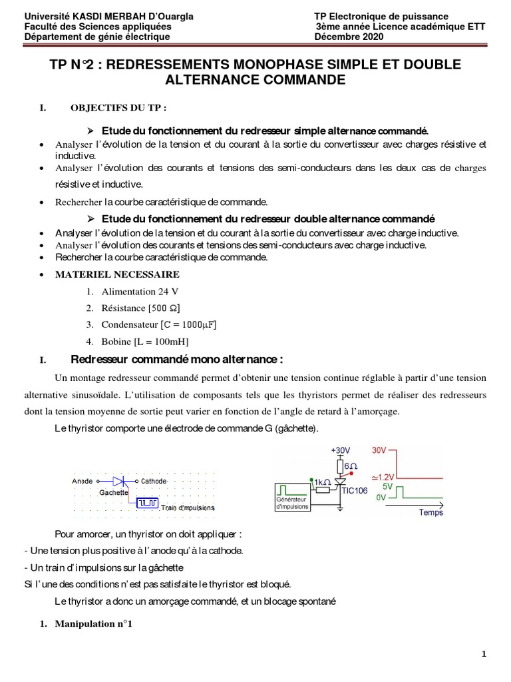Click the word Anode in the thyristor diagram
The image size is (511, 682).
(82, 480)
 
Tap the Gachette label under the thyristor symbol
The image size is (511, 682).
(113, 493)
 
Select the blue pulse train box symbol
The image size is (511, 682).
(148, 503)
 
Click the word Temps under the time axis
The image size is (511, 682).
(430, 513)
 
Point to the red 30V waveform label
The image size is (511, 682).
(379, 450)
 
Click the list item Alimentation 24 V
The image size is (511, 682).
(140, 292)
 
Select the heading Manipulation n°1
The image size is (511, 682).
(93, 625)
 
